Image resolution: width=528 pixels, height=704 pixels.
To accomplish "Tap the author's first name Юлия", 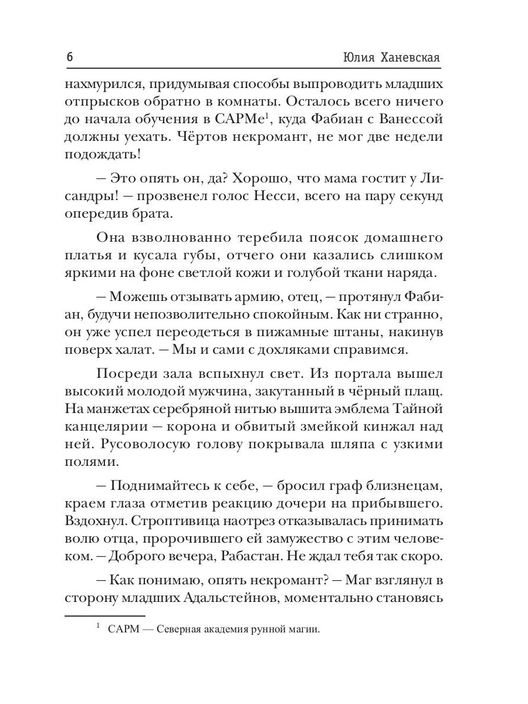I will coord(356,57).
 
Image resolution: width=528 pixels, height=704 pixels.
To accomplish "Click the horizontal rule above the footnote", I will coord(104,615).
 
